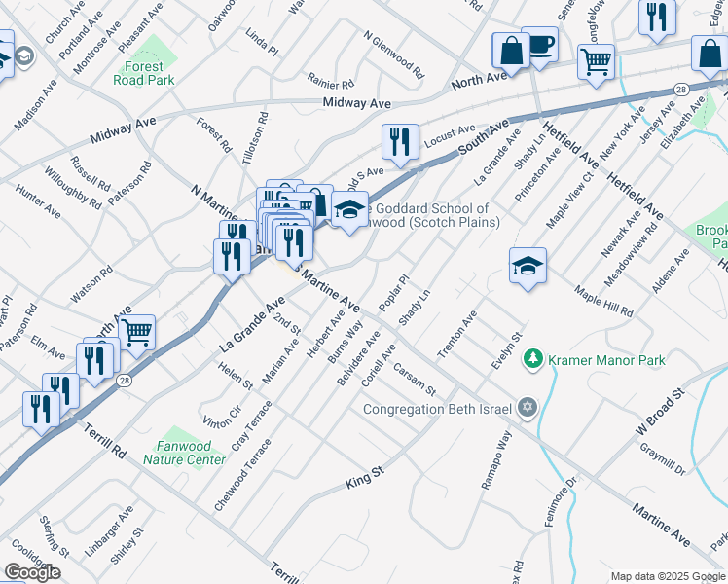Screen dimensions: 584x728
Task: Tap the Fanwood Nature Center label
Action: (192, 453)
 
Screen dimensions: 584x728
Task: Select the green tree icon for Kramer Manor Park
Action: (532, 360)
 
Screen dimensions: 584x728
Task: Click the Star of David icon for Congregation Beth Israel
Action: (527, 408)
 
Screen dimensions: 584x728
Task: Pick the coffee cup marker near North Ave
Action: (539, 45)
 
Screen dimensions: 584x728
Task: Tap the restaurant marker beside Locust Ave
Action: (400, 142)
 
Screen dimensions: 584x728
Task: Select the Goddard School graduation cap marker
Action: (349, 208)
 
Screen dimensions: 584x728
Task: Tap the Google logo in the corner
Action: (32, 572)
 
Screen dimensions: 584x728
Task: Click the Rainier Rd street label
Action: (330, 84)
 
